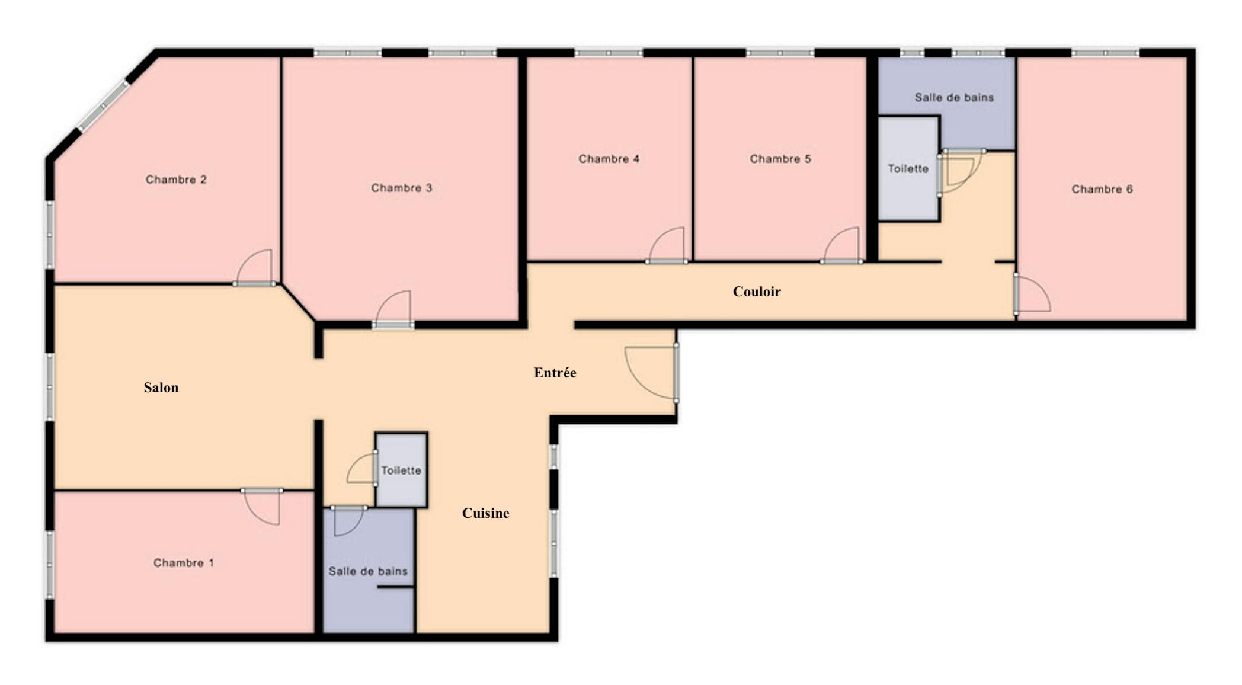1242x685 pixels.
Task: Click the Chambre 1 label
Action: point(183,563)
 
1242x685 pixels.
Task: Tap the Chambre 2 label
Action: point(176,180)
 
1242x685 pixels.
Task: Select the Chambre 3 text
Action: point(401,188)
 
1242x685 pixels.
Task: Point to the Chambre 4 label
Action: point(609,159)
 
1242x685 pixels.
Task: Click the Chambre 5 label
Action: point(780,159)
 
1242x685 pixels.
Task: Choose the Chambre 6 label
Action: point(1102,189)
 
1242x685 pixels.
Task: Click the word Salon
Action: point(161,388)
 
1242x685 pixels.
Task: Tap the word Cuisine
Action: point(485,513)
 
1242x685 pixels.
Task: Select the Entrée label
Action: point(555,373)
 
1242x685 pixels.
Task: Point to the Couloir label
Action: point(757,292)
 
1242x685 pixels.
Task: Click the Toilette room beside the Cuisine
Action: point(401,470)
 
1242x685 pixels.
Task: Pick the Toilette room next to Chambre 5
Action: point(908,169)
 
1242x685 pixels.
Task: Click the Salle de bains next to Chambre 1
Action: point(369,570)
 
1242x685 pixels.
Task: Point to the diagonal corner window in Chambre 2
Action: point(103,105)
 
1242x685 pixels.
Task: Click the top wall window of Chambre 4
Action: point(608,53)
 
